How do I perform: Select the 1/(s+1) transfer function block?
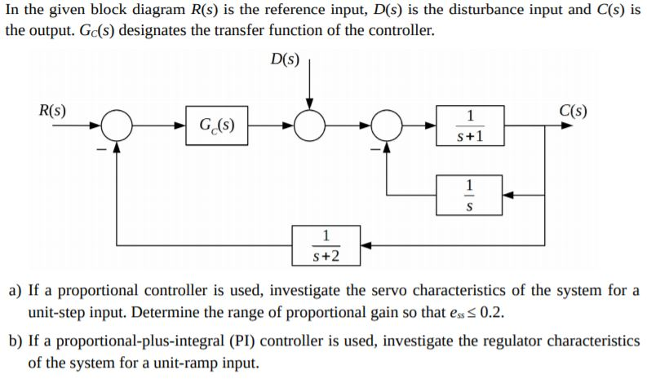tap(468, 126)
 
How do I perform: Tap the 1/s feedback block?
tap(468, 196)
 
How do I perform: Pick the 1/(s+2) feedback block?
tap(327, 246)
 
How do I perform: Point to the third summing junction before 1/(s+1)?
tap(388, 126)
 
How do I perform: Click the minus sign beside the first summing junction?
tap(101, 148)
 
